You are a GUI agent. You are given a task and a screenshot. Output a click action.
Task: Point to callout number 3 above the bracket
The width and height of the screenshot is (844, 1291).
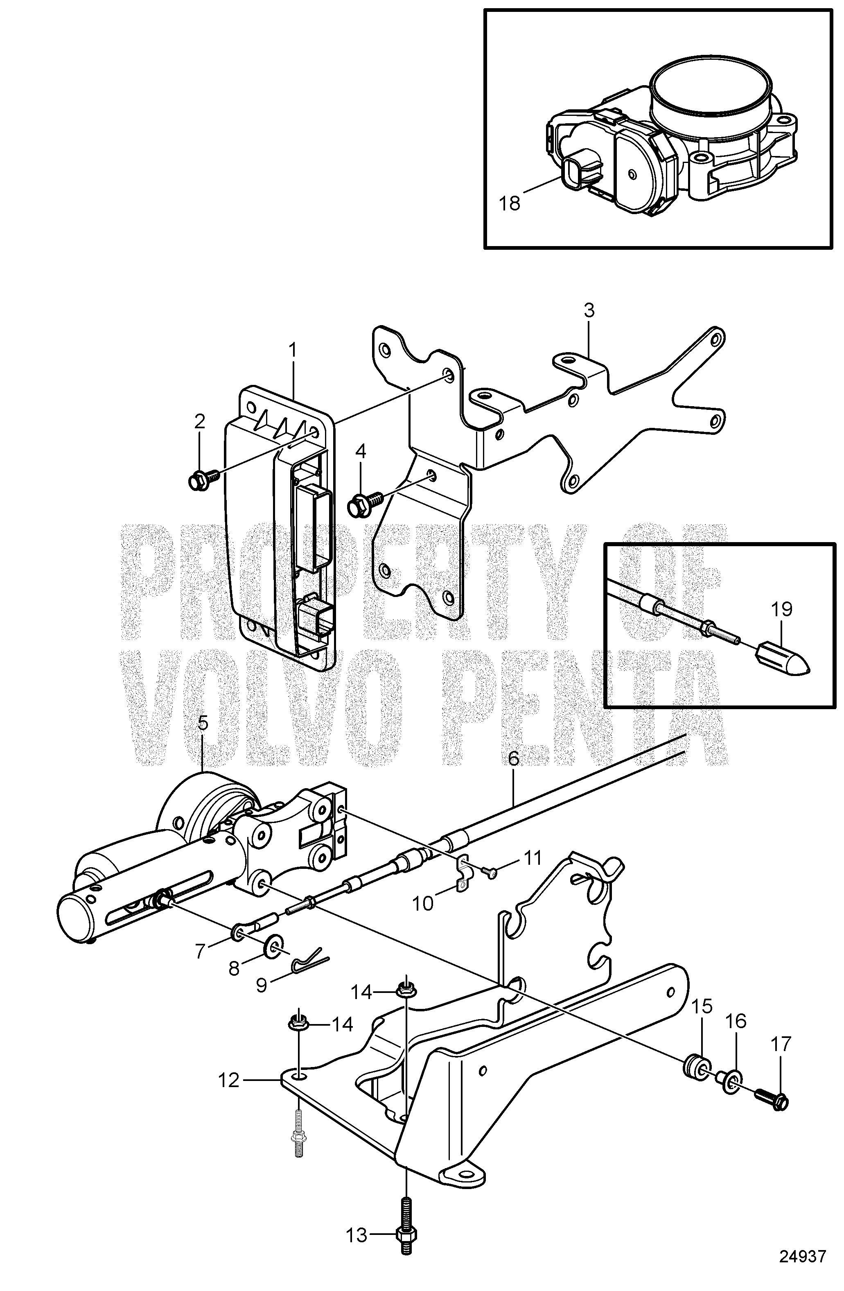[589, 311]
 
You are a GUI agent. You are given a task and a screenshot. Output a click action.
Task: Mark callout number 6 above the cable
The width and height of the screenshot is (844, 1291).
[514, 759]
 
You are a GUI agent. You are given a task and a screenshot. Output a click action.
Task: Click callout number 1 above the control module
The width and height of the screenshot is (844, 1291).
[293, 351]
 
